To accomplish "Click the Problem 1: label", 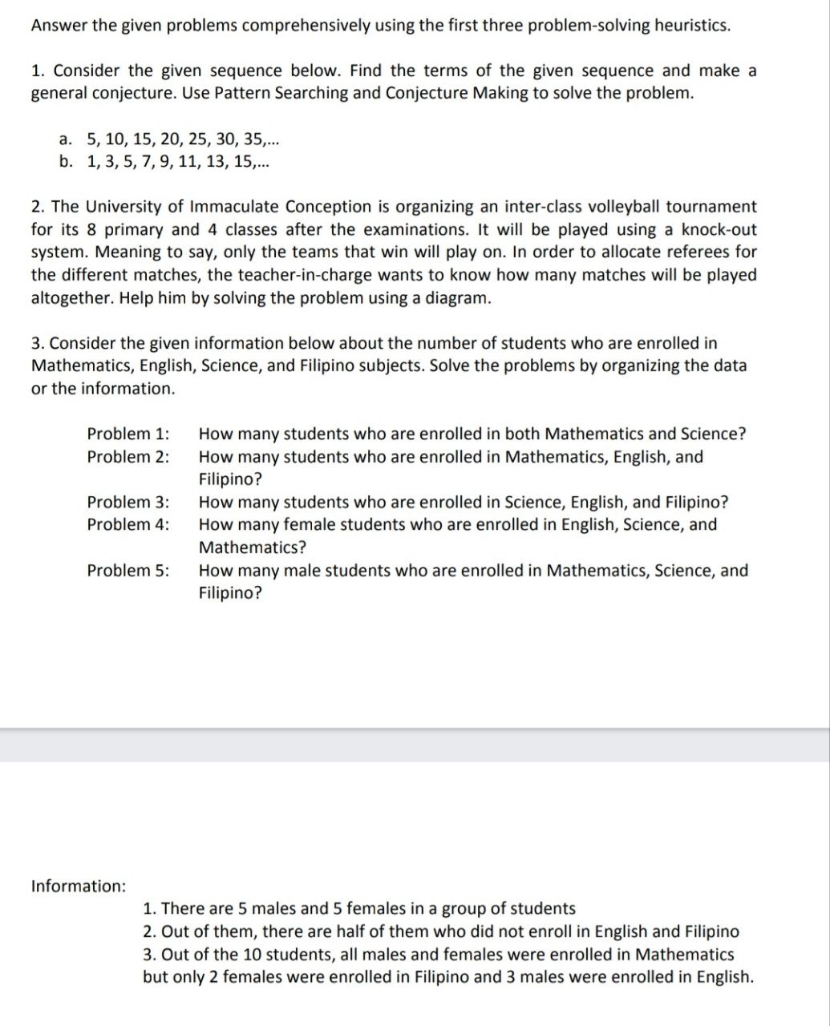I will (128, 434).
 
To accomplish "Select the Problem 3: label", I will (128, 503).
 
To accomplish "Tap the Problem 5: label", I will (128, 571).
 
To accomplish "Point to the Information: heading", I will (78, 886).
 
